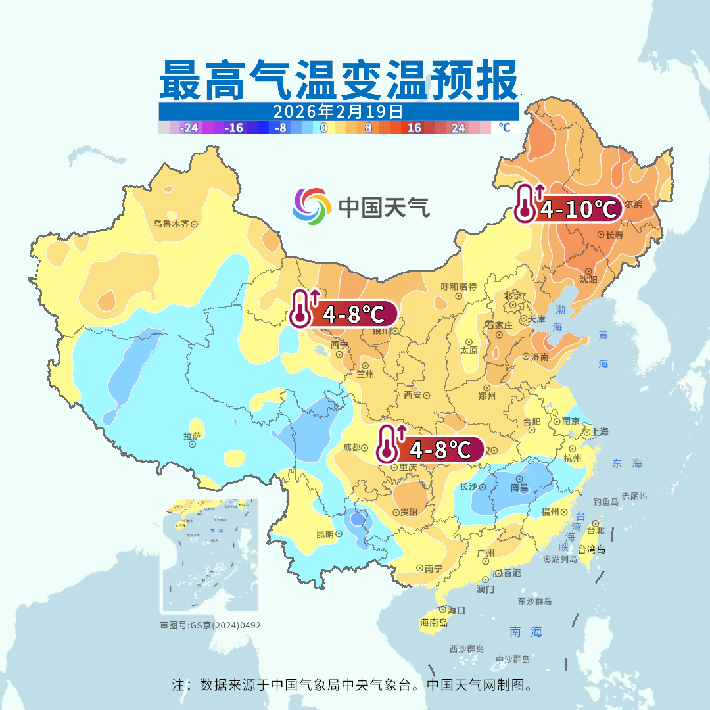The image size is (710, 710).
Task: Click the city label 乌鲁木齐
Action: [171, 224]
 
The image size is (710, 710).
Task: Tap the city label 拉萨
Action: [192, 436]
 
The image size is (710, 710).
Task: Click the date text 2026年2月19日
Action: [338, 110]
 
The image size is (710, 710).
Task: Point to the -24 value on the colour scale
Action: [189, 128]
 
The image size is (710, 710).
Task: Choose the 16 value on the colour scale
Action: [414, 128]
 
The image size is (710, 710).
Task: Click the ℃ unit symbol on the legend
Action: [504, 128]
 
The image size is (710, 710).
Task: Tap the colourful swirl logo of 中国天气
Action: [311, 206]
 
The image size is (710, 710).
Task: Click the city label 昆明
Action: [325, 534]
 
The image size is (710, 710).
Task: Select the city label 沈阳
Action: [588, 279]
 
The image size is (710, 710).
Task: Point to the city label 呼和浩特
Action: [458, 287]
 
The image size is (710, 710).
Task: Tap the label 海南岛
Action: [434, 622]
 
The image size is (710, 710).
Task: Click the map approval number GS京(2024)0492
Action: [210, 625]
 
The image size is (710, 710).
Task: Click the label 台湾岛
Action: [591, 550]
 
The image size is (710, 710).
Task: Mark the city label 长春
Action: [614, 235]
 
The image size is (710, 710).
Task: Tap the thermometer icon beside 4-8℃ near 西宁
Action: [301, 308]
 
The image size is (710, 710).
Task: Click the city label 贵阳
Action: [408, 512]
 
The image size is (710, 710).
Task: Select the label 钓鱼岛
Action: [605, 502]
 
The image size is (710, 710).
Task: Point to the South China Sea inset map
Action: [210, 556]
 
